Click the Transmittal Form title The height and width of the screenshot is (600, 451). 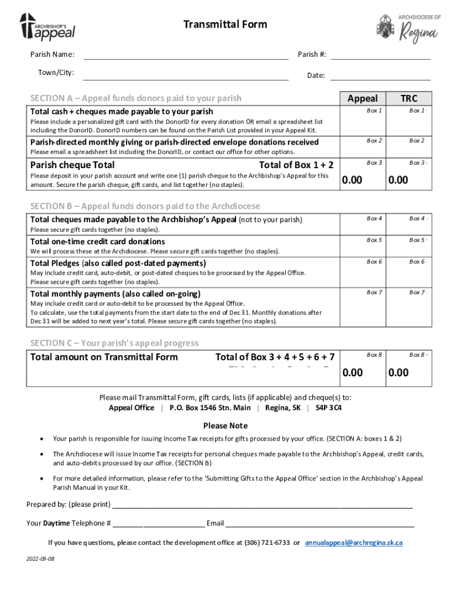point(225,24)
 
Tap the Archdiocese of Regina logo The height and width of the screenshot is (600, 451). point(408,28)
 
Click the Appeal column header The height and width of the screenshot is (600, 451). point(363,98)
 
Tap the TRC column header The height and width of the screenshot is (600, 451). point(408,98)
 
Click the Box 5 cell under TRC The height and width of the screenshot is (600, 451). point(408,247)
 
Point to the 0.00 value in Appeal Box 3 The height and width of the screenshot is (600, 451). point(352,180)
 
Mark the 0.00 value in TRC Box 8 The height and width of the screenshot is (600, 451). point(398,373)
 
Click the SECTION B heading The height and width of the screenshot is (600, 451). point(145,206)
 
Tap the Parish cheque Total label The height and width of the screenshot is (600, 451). point(72,165)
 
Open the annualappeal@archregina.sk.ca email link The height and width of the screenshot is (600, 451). point(354,543)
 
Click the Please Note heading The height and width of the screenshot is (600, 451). point(225,425)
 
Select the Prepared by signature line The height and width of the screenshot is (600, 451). point(262,504)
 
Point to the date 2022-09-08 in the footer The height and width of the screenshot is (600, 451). point(40,559)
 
